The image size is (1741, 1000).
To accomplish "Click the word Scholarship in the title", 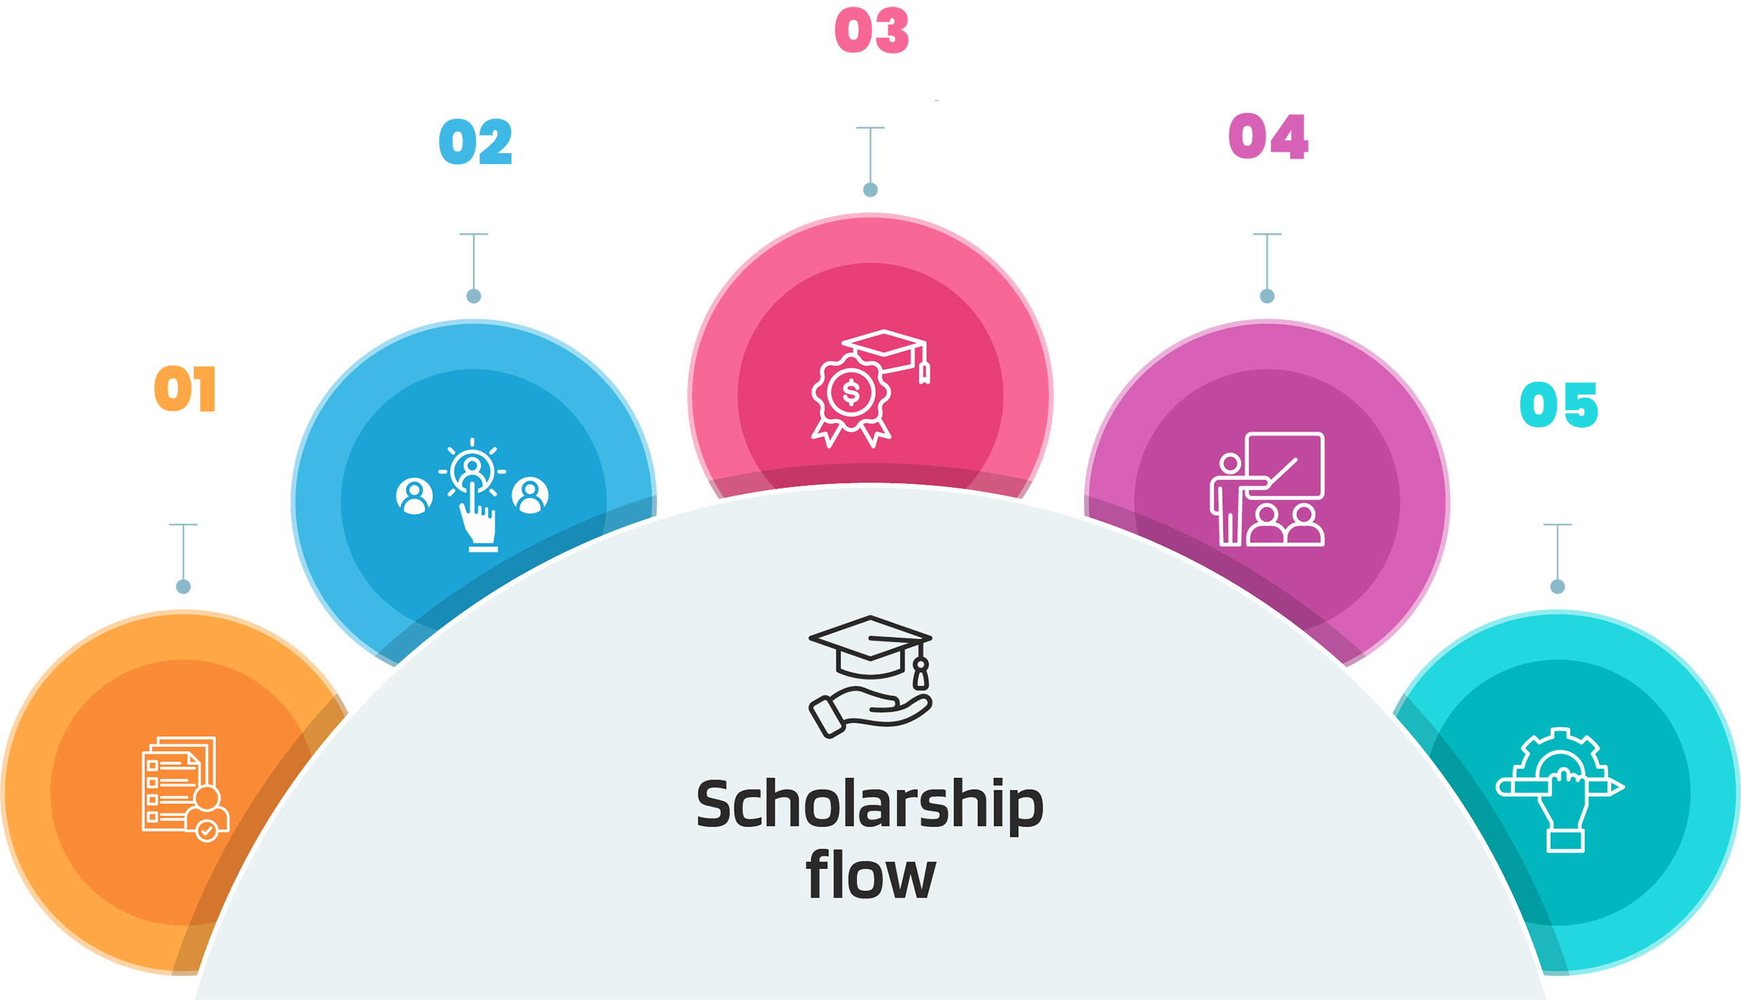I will click(870, 805).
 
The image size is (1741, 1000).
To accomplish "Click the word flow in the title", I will click(870, 876).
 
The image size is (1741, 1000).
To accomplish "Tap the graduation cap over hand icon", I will click(870, 676).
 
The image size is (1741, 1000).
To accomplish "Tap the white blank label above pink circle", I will click(877, 81).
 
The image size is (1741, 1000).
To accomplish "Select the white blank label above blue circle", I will click(469, 194).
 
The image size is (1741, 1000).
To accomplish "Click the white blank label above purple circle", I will click(1276, 188).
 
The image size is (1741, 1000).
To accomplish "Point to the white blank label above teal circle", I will click(1567, 469).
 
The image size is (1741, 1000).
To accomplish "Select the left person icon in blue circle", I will click(414, 496).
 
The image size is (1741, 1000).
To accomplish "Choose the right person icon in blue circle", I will click(530, 495).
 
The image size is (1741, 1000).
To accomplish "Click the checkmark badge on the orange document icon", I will click(207, 832).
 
